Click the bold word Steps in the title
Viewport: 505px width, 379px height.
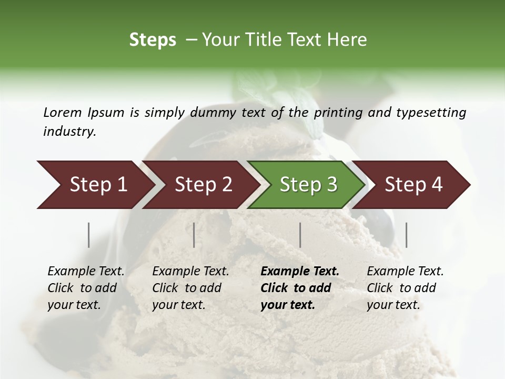coord(153,40)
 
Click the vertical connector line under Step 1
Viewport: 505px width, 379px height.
coord(89,235)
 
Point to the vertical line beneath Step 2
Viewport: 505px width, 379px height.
coord(194,235)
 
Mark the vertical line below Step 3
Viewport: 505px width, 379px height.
coord(300,235)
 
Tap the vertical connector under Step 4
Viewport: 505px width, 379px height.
coord(406,235)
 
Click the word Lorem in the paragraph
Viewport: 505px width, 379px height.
coord(63,113)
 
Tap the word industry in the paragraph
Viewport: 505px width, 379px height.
coord(69,132)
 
